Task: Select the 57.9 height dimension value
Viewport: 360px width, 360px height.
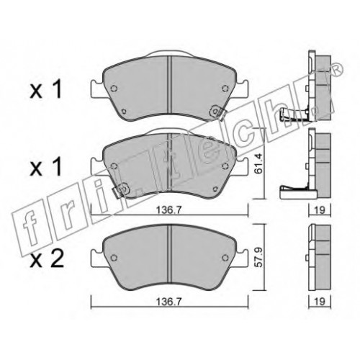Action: [258, 257]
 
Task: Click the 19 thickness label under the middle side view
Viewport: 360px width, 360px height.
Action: [320, 210]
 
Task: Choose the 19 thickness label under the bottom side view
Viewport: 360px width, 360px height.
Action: [320, 302]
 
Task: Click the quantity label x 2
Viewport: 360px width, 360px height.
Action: [47, 259]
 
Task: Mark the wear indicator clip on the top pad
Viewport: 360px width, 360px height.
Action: [218, 112]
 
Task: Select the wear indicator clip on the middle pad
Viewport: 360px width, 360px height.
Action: [121, 190]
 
